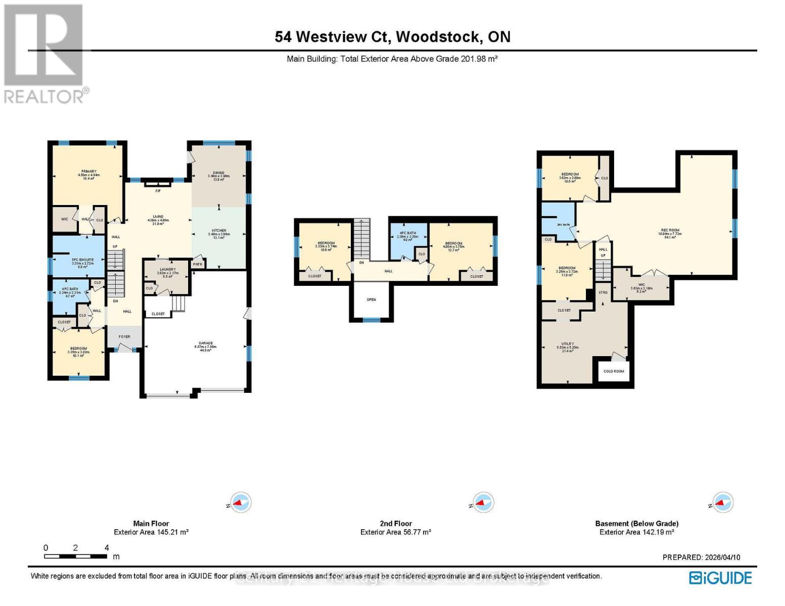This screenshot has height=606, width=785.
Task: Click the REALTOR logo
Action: coord(44,53)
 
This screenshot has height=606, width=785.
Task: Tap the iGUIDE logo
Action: coord(720,578)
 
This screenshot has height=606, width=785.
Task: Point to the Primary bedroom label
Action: coord(88,172)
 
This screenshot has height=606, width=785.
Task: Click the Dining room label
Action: coord(218,173)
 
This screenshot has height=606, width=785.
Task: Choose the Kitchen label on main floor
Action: coord(219,231)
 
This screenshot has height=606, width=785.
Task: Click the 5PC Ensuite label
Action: coord(78,260)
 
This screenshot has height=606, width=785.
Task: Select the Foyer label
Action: coord(124,337)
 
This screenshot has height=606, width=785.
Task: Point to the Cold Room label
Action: coord(614,371)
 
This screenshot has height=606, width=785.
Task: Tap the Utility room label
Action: coord(567,344)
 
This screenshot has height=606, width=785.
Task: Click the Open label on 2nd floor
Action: coord(371,300)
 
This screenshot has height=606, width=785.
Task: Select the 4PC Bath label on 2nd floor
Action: coord(407,233)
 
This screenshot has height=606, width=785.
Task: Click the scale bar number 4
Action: coord(107,548)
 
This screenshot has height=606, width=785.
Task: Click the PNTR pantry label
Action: coord(197,264)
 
